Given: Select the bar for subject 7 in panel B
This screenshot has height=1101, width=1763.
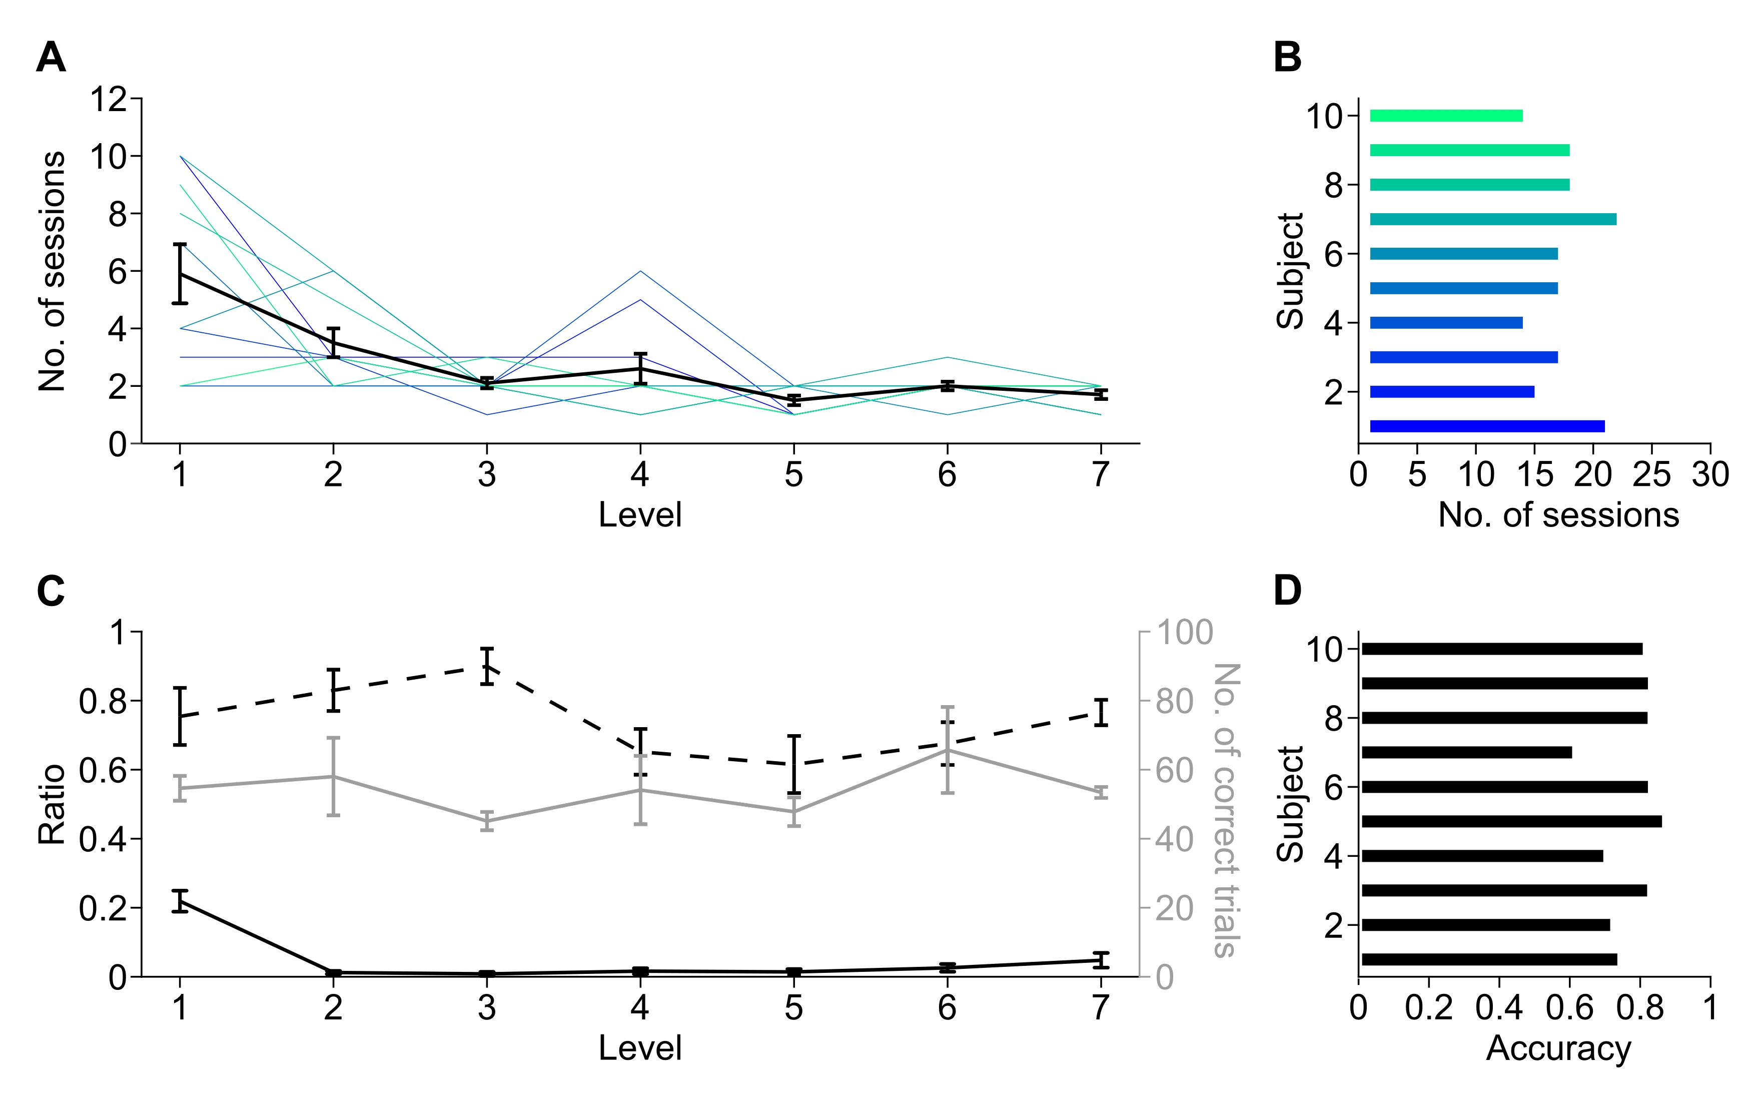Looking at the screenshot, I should click(x=1493, y=219).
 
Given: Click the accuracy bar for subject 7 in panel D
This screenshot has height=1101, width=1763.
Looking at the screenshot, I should click(x=1466, y=752).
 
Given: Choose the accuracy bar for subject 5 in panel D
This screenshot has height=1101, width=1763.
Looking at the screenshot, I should click(x=1511, y=821).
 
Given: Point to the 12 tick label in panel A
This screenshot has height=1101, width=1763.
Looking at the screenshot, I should click(x=107, y=99).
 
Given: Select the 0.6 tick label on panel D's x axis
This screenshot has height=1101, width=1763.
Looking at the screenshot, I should click(x=1570, y=1008).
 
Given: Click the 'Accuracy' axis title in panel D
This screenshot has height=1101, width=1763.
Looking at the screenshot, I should click(x=1558, y=1048).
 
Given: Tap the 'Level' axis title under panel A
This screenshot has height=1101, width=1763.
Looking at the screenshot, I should click(x=640, y=515).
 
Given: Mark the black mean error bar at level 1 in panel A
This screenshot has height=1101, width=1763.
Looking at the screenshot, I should click(x=180, y=274).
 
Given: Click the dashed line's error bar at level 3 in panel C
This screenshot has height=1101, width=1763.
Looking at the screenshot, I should click(x=487, y=666).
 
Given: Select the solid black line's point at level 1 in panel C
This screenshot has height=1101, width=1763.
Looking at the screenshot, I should click(x=180, y=901).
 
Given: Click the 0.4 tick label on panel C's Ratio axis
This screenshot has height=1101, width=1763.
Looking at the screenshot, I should click(x=103, y=840).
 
